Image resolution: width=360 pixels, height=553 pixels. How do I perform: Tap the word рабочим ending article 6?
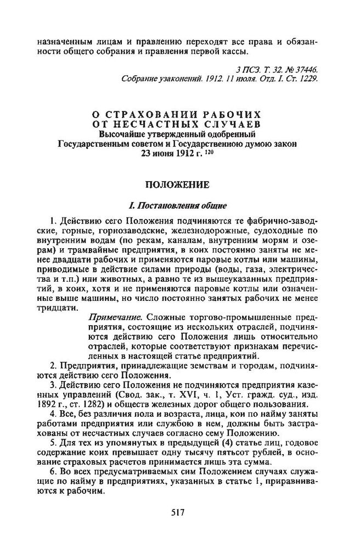click(x=86, y=493)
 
